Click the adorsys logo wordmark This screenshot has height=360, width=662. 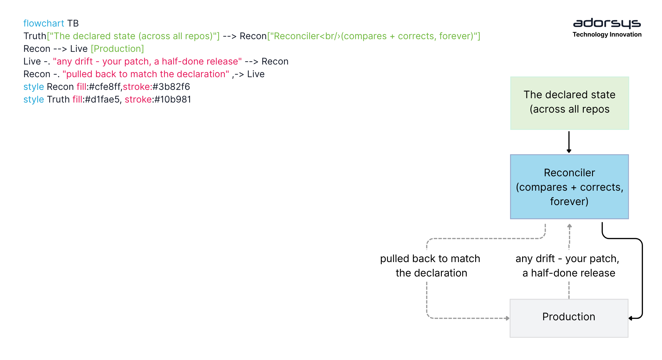click(x=607, y=23)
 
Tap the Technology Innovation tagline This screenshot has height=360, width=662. click(x=607, y=35)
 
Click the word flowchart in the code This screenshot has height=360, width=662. click(x=44, y=23)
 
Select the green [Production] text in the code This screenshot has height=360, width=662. click(x=117, y=49)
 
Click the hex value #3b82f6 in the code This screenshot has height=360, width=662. click(x=171, y=87)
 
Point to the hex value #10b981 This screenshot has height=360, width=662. click(x=173, y=99)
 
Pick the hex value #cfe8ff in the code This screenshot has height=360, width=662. click(x=105, y=87)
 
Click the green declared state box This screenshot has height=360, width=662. click(x=570, y=103)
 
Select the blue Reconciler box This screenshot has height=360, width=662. click(x=569, y=187)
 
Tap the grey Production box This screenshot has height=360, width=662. click(x=569, y=318)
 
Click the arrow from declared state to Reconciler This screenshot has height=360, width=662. click(x=569, y=142)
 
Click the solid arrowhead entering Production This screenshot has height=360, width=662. click(x=630, y=318)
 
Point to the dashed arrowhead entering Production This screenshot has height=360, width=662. click(x=508, y=318)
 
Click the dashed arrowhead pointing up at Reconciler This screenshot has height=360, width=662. click(x=569, y=226)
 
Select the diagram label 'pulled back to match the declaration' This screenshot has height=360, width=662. click(x=430, y=266)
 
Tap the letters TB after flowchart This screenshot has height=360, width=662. click(x=73, y=23)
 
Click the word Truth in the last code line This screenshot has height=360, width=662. click(x=58, y=99)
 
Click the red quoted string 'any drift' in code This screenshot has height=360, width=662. click(x=147, y=61)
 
